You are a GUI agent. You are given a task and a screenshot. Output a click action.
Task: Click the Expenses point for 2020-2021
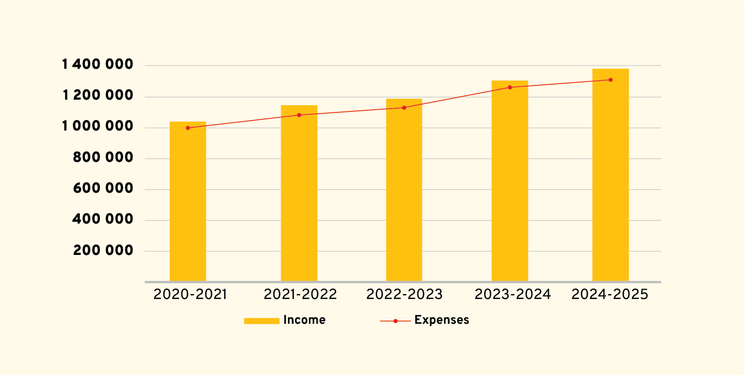187,128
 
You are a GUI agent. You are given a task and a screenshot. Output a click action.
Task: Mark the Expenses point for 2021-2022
299,115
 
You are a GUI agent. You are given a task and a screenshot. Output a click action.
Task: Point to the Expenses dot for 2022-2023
404,107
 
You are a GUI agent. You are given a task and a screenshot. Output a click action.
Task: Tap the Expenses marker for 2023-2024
510,88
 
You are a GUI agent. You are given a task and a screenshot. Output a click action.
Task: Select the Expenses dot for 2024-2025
610,80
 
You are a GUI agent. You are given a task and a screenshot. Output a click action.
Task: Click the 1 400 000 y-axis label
98,66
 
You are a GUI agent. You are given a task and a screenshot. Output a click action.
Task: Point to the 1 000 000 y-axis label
98,127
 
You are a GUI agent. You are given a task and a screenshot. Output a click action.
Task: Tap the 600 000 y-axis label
103,189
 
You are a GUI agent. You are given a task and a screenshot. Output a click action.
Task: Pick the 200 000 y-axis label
103,251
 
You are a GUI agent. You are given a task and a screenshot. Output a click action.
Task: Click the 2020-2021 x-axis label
190,295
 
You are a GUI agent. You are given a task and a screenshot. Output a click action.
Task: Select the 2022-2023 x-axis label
404,295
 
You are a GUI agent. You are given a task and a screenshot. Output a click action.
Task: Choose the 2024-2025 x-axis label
609,295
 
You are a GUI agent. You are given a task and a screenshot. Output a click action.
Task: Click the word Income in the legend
304,320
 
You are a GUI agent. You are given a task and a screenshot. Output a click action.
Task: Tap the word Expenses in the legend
442,320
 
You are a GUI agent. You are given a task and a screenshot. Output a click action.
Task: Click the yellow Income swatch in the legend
261,320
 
